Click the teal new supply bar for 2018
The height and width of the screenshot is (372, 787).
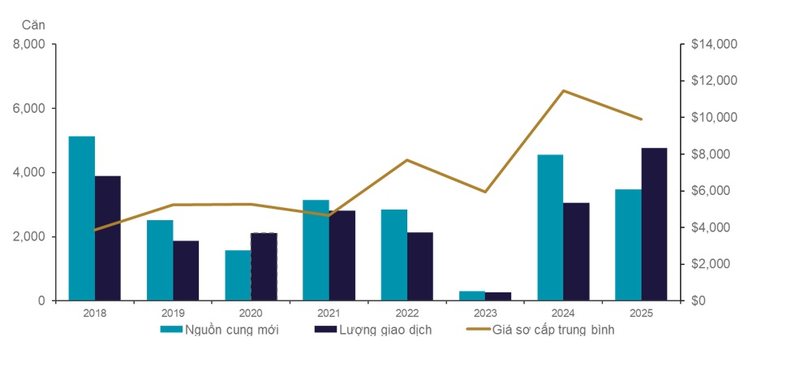tap(81, 218)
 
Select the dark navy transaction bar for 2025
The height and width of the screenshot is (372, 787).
tap(654, 224)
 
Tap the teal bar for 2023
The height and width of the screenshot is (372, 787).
tap(471, 296)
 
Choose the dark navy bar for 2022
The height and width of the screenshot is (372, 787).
tap(419, 266)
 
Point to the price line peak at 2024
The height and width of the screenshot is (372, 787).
tap(564, 91)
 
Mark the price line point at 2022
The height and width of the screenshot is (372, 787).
tap(407, 160)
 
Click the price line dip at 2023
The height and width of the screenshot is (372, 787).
tap(485, 192)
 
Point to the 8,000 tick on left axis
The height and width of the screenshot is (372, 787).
tap(30, 44)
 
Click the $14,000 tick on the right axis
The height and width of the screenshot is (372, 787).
tap(713, 44)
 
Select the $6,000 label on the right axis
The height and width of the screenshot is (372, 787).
tap(710, 191)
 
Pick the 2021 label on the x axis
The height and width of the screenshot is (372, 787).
tap(329, 312)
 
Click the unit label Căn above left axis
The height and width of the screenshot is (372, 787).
tap(33, 25)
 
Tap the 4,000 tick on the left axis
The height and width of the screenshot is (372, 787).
tap(30, 172)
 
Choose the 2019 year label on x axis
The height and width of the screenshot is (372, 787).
tap(173, 312)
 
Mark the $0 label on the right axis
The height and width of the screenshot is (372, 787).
tap(699, 301)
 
